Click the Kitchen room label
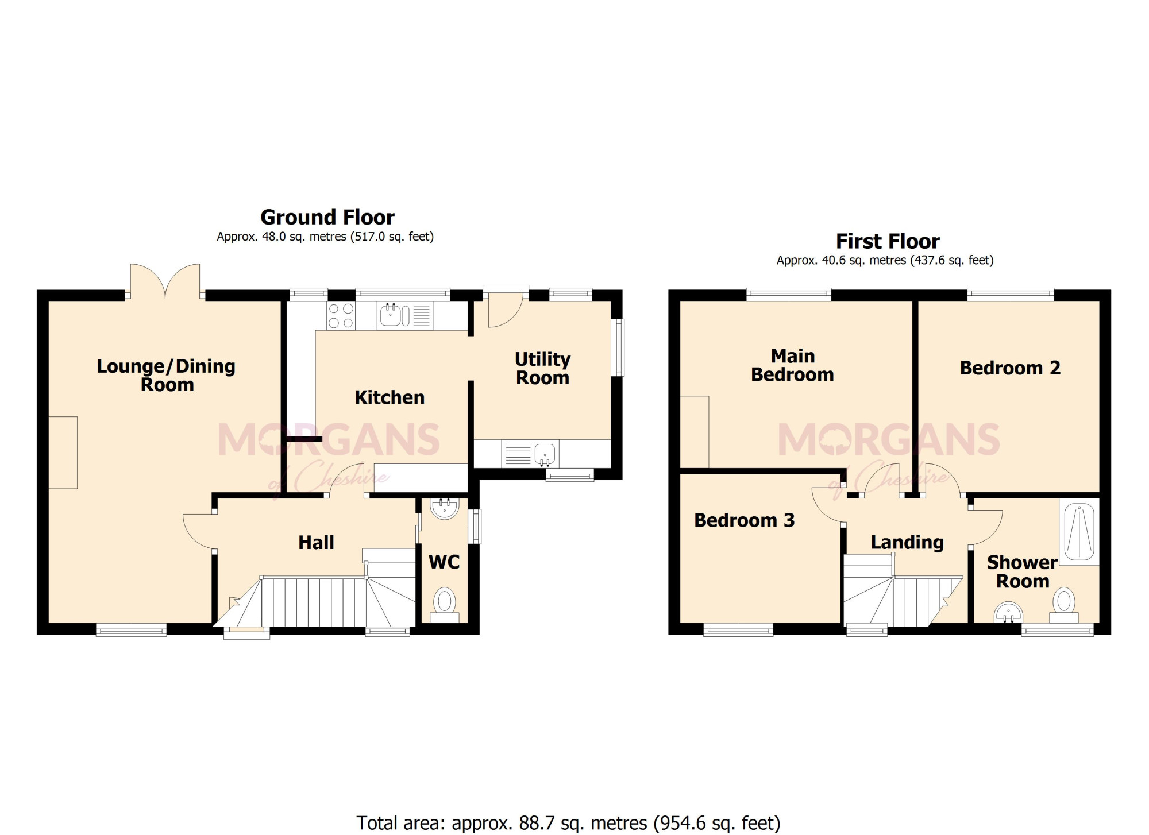click(x=390, y=397)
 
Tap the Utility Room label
click(x=543, y=369)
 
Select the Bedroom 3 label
click(x=745, y=520)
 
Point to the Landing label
click(x=907, y=543)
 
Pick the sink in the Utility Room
click(x=530, y=454)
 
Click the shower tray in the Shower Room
click(x=1079, y=532)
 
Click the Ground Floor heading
click(x=327, y=218)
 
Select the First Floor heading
click(x=888, y=241)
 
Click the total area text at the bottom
click(x=568, y=823)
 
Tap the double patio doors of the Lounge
click(x=165, y=281)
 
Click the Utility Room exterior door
click(x=506, y=307)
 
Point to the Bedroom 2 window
click(x=1011, y=295)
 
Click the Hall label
click(x=316, y=543)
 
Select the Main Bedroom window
click(x=789, y=295)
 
